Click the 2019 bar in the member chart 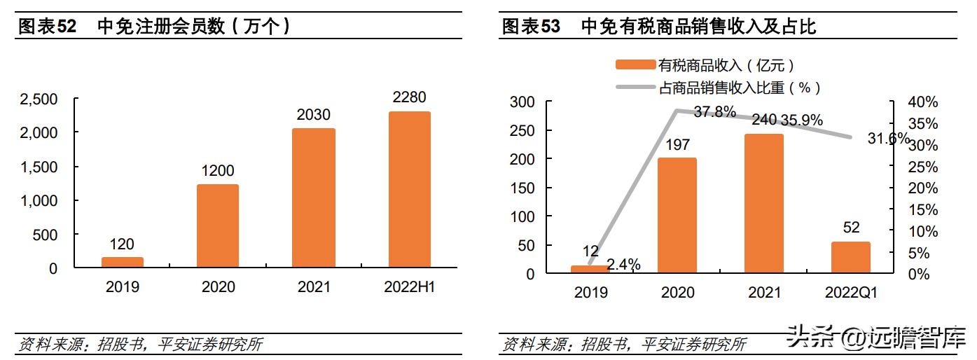tap(122, 262)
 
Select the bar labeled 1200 tap(218, 226)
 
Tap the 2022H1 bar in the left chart tap(410, 189)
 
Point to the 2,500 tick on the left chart tap(39, 99)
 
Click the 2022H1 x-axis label tap(410, 287)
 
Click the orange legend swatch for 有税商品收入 tap(635, 65)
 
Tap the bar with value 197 tap(677, 215)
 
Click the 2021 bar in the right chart tap(763, 203)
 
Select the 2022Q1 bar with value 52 tap(850, 257)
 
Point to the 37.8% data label tap(714, 111)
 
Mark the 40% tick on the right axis tap(922, 102)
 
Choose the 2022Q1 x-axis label tap(850, 293)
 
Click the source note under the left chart tap(140, 345)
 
